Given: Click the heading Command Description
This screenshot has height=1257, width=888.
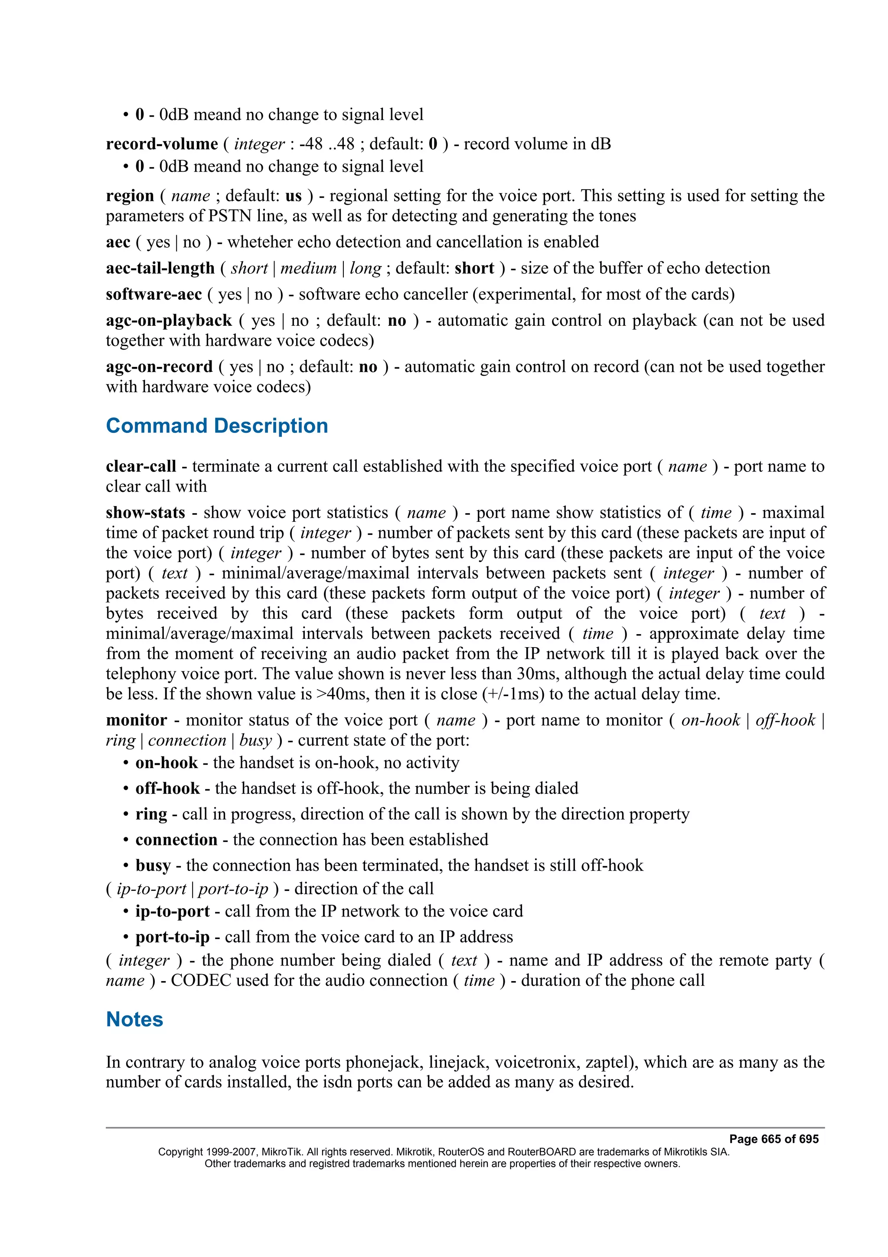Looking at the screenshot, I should [217, 426].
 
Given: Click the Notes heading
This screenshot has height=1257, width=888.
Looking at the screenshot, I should [134, 1019].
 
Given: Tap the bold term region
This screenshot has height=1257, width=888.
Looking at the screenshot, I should [130, 196].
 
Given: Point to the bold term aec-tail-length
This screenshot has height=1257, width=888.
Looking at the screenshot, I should [160, 268].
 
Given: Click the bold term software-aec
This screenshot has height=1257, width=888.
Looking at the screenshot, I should [154, 295].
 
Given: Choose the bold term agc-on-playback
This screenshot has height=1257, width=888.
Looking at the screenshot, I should [169, 321].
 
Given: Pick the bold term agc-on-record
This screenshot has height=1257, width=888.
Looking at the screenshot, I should [159, 367].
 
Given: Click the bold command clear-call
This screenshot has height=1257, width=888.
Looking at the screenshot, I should [140, 466].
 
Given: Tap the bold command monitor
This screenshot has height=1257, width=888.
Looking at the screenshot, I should [136, 720].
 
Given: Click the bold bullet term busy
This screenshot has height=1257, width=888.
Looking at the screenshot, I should [153, 866].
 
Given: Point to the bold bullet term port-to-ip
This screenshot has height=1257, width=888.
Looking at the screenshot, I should [172, 937].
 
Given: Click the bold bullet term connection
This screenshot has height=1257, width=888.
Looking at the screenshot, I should [176, 840].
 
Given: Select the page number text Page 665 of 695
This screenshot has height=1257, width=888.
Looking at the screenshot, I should [774, 1139].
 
